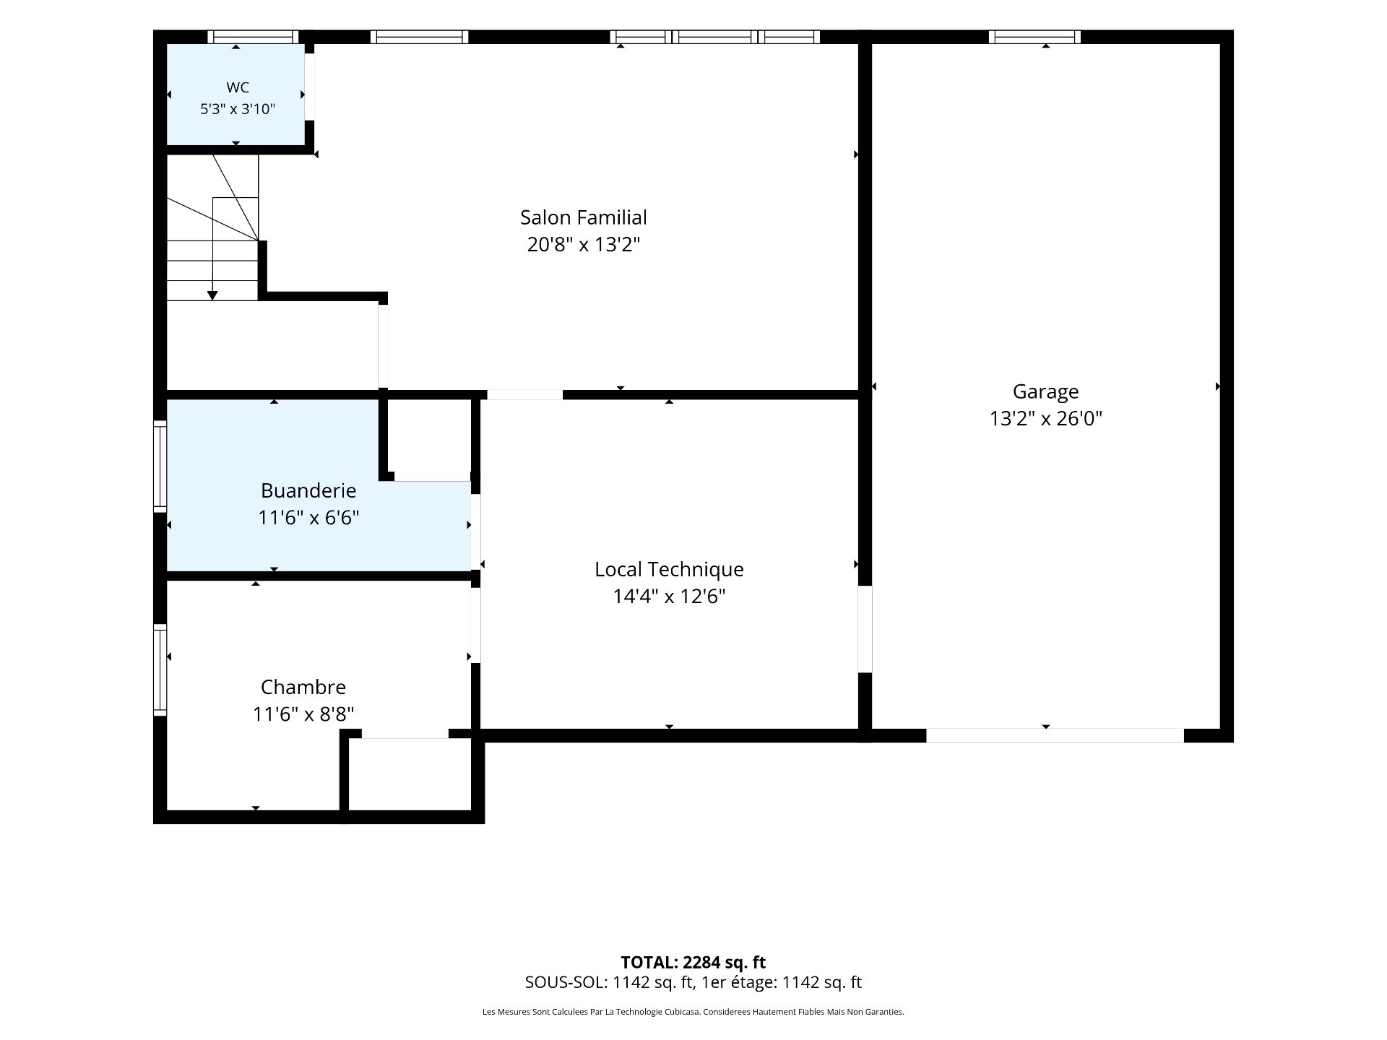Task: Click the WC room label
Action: [238, 87]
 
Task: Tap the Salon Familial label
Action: [584, 217]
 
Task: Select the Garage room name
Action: [1045, 392]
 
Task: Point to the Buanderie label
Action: [308, 491]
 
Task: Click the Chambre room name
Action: [303, 687]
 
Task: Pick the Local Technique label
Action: [669, 570]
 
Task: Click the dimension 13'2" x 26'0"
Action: [1045, 419]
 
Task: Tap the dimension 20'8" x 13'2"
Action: [584, 245]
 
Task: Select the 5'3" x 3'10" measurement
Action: [238, 109]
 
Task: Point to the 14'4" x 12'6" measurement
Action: [669, 597]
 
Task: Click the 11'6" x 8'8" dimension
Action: [303, 714]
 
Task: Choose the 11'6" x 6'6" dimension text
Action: [308, 518]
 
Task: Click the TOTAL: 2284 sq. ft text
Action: [693, 963]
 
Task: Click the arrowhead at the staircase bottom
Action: [212, 295]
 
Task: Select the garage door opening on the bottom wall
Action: [1055, 735]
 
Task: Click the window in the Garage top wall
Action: [1034, 37]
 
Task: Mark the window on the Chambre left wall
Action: [160, 669]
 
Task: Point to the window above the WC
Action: [253, 37]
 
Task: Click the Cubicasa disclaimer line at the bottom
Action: [693, 1013]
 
